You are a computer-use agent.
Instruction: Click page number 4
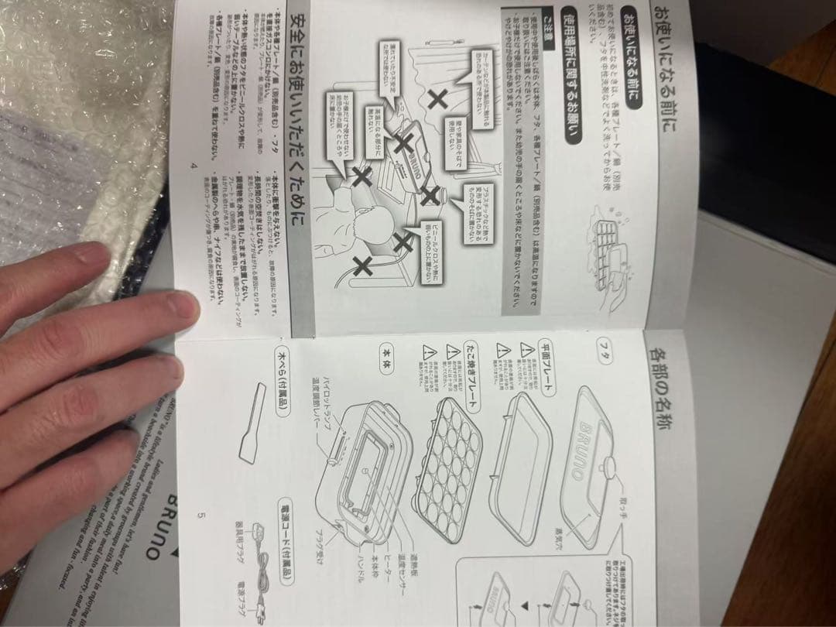pyautogui.click(x=194, y=167)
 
